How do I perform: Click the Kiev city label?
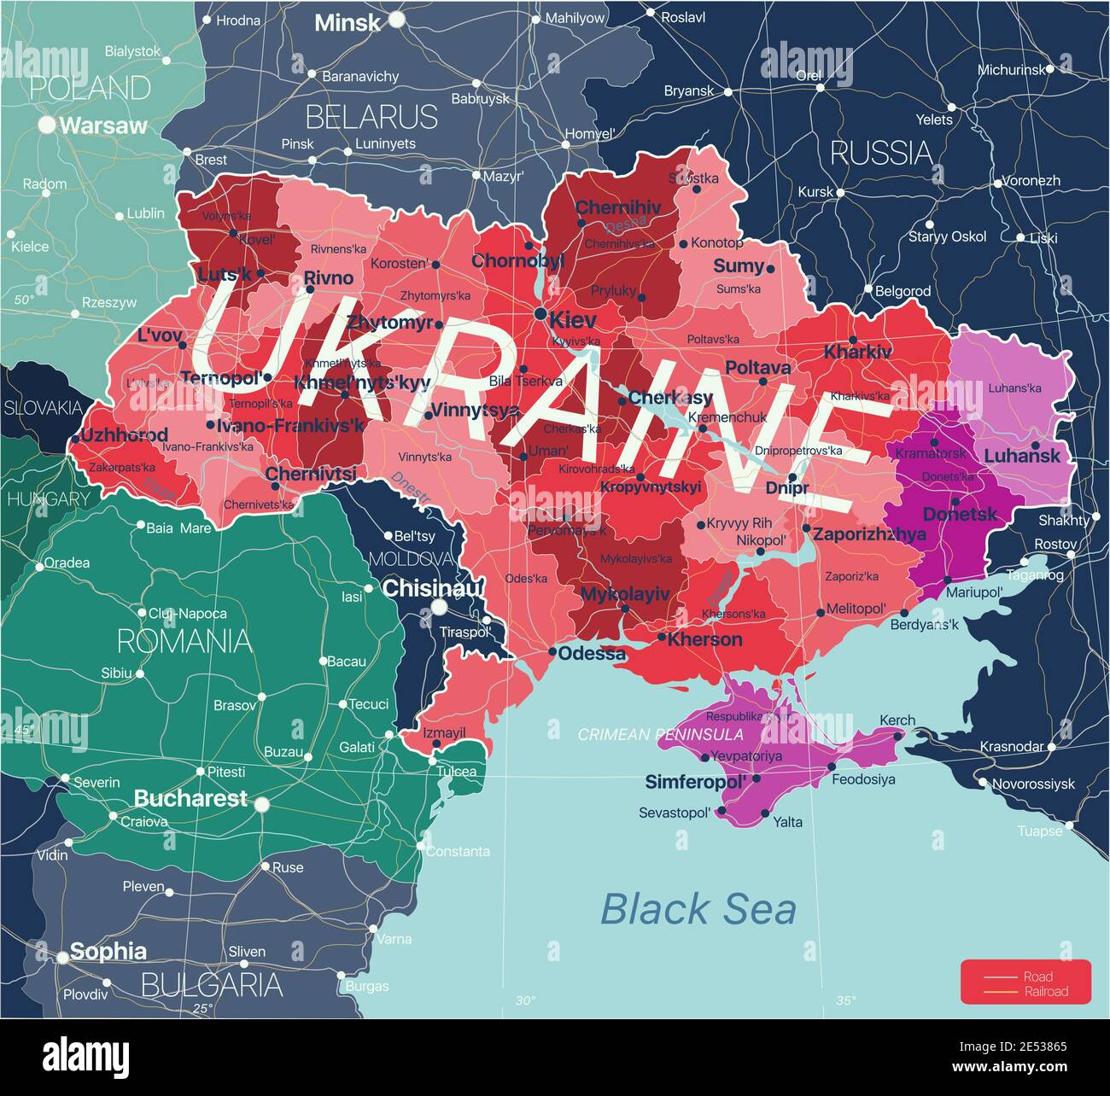click(573, 321)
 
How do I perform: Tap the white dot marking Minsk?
click(397, 19)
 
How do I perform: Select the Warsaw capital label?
click(103, 125)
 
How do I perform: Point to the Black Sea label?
click(698, 909)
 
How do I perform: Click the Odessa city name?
click(592, 654)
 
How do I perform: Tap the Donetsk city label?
click(960, 515)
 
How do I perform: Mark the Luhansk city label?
click(1022, 456)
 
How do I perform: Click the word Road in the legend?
click(1038, 976)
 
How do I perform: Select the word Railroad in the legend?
click(1047, 992)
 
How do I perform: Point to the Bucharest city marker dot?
click(261, 803)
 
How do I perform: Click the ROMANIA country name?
click(184, 641)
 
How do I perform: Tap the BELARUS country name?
click(371, 116)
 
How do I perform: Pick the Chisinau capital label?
click(432, 588)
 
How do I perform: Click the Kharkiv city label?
click(857, 352)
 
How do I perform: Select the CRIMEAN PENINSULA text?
click(660, 734)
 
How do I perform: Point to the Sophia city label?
click(108, 952)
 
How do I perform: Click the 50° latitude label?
click(24, 300)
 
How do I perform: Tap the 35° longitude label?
click(845, 1000)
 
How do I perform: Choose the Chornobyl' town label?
click(518, 261)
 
